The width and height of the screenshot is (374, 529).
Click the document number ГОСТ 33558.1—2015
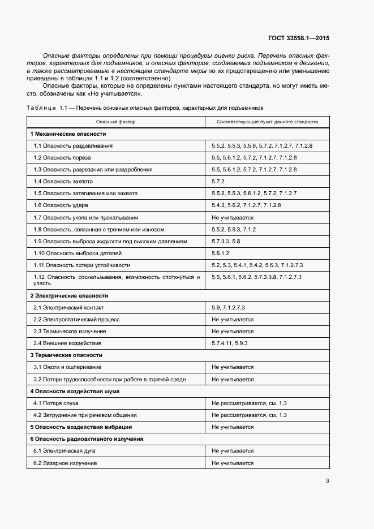[298, 38]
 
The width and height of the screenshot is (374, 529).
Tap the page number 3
[327, 481]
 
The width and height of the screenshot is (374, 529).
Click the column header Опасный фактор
[115, 122]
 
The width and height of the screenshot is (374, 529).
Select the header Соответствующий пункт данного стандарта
[268, 122]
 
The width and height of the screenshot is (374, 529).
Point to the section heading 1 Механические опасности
[68, 134]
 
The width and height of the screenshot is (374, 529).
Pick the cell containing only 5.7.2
[218, 182]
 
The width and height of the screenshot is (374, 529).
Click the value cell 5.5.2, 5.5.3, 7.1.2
[234, 229]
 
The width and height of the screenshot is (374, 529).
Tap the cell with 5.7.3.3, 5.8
[226, 241]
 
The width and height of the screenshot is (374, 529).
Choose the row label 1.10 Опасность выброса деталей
[78, 253]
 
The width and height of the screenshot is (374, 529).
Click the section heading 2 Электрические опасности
[69, 296]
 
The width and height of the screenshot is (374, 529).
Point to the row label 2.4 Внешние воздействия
[67, 343]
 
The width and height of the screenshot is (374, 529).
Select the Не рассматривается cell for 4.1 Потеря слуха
[249, 403]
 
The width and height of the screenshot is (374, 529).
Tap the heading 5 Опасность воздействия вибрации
[81, 427]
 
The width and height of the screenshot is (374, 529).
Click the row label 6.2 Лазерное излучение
[65, 463]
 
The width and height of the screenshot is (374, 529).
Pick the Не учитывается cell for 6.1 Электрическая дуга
[233, 451]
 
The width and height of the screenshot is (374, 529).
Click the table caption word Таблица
[42, 107]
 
